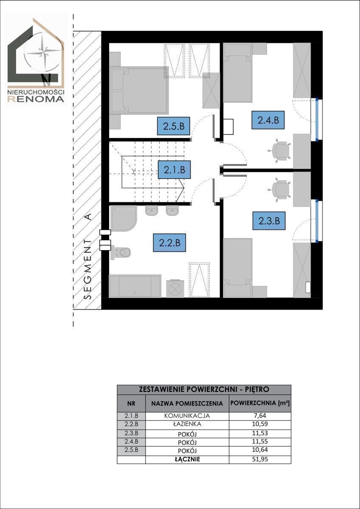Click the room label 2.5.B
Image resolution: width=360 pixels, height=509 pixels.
click(x=174, y=126)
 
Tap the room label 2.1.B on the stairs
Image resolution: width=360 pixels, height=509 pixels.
click(x=174, y=170)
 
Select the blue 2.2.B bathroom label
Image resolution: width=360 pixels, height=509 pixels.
click(x=169, y=243)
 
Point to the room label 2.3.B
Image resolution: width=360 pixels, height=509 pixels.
click(x=269, y=221)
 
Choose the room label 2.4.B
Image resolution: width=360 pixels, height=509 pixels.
click(x=268, y=120)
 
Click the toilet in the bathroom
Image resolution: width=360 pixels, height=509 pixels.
click(x=120, y=252)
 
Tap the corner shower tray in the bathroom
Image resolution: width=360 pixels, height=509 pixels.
click(x=123, y=218)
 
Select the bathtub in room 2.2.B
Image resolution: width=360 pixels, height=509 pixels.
click(x=135, y=286)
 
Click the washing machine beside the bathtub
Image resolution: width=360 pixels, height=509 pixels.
click(x=175, y=288)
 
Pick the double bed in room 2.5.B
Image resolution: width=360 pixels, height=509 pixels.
click(x=139, y=90)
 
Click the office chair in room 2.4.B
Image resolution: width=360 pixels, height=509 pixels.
click(x=279, y=150)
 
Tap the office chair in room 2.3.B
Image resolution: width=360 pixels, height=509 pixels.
click(x=279, y=189)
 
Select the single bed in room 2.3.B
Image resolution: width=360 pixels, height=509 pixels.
click(x=238, y=268)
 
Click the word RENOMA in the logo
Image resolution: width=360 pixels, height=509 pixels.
click(x=36, y=99)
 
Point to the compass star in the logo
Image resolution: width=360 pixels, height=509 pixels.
click(x=43, y=53)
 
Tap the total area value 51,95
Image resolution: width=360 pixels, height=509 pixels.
click(x=260, y=457)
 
